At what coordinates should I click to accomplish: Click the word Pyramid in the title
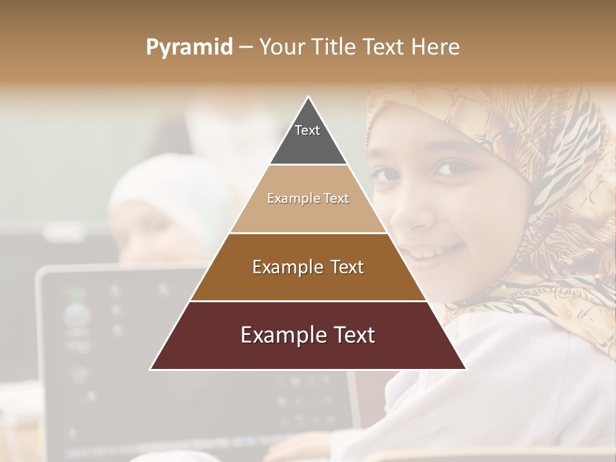point(189,47)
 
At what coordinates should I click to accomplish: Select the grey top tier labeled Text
point(308,138)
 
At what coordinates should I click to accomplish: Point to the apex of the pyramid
point(309,98)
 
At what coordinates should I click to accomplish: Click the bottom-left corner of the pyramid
point(151,369)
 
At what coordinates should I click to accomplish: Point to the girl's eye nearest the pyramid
point(386,175)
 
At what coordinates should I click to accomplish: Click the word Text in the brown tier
point(342,267)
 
